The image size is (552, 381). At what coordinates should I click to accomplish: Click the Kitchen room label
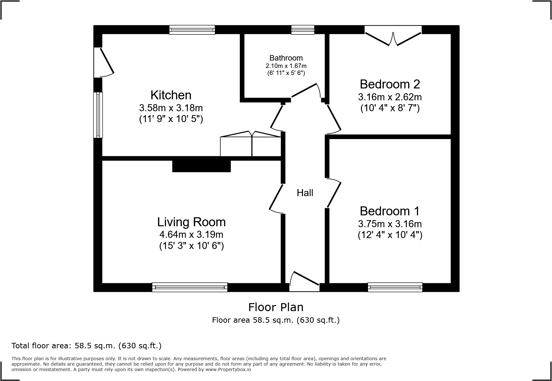[171, 95]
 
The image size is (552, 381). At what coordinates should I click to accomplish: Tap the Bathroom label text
[286, 58]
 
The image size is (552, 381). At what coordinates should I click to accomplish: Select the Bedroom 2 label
[390, 84]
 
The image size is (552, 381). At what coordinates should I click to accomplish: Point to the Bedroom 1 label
[390, 211]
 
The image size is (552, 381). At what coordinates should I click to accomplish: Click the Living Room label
[191, 222]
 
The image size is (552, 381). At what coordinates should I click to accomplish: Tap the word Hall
[305, 193]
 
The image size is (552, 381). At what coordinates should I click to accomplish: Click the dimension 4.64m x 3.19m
[191, 235]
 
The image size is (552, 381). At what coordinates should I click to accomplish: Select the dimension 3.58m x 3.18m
[171, 108]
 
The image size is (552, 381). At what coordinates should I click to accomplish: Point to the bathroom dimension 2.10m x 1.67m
[286, 66]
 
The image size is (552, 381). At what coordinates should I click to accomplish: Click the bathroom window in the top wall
[303, 30]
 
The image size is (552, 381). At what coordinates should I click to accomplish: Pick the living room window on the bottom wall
[190, 287]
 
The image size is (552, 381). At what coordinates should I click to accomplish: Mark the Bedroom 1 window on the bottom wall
[395, 287]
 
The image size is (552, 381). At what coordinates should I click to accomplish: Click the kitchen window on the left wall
[98, 115]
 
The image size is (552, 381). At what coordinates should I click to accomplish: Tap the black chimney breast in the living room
[201, 166]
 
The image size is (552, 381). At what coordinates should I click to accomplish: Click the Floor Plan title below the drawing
[276, 307]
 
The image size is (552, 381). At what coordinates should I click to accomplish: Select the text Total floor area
[42, 346]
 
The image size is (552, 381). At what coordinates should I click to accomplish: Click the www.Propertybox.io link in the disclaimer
[228, 369]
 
